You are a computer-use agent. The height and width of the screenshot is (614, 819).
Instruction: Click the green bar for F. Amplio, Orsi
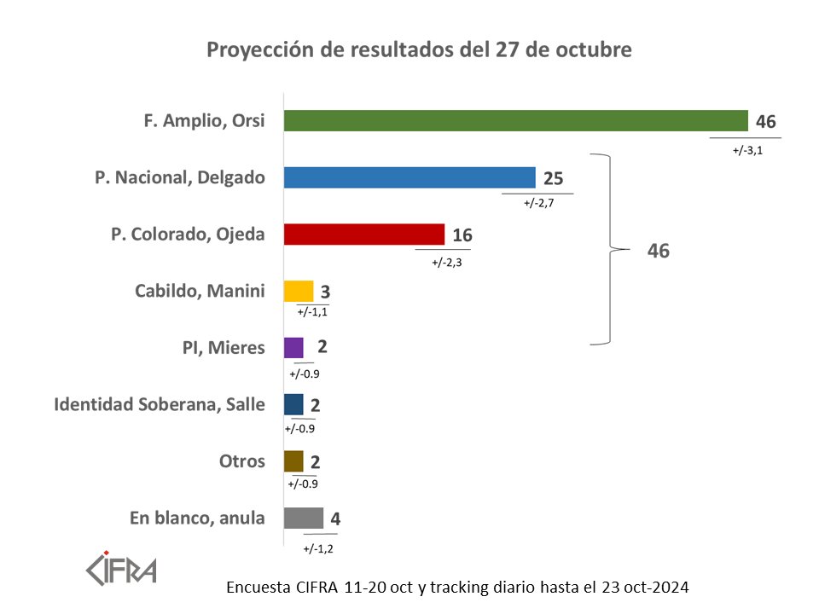click(x=515, y=120)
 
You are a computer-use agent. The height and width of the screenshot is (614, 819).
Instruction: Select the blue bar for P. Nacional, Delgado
click(x=409, y=177)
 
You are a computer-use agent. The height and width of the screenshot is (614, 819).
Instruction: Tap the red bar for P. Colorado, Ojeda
click(x=364, y=234)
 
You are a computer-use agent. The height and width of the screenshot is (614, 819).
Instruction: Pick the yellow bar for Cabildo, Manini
click(x=299, y=291)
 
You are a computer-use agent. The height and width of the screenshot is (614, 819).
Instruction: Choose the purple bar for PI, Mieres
click(x=293, y=347)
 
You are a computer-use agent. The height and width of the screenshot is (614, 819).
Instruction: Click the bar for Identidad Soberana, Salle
click(x=293, y=404)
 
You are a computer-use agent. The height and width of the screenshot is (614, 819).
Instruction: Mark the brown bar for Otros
click(x=293, y=461)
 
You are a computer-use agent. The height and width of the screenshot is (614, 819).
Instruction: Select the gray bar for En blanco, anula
click(x=304, y=518)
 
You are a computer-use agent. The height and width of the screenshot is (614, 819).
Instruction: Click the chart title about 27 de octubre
click(x=419, y=50)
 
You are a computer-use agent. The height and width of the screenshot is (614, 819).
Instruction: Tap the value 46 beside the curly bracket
click(x=659, y=252)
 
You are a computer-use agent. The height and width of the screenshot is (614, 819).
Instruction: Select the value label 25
click(x=553, y=178)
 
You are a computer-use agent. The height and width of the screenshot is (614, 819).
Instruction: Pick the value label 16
click(x=462, y=235)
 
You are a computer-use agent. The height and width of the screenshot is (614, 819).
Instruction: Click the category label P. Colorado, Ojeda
click(x=188, y=234)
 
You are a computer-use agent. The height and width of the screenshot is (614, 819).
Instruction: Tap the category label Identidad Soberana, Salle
click(x=160, y=404)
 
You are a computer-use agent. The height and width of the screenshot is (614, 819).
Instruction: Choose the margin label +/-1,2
click(x=317, y=547)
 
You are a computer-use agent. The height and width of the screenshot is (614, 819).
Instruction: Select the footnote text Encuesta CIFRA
click(x=457, y=588)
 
